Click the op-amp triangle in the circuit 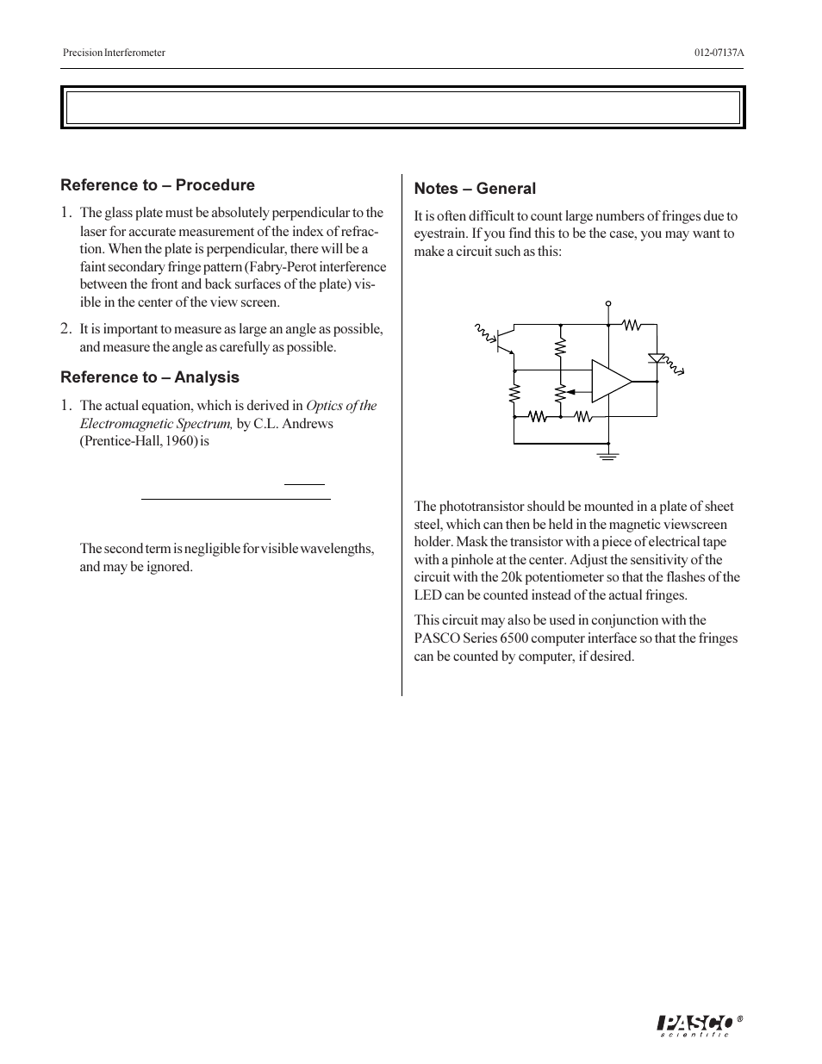click(x=610, y=381)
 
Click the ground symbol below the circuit click(x=609, y=455)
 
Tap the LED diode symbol click(x=656, y=357)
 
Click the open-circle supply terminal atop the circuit click(x=608, y=304)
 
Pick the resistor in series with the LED click(x=633, y=325)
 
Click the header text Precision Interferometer click(x=114, y=53)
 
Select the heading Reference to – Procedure click(x=158, y=185)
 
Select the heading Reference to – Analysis click(x=150, y=377)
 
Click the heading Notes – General click(x=475, y=189)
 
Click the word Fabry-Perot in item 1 click(x=283, y=267)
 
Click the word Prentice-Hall click(x=118, y=442)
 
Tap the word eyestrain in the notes click(x=440, y=234)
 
